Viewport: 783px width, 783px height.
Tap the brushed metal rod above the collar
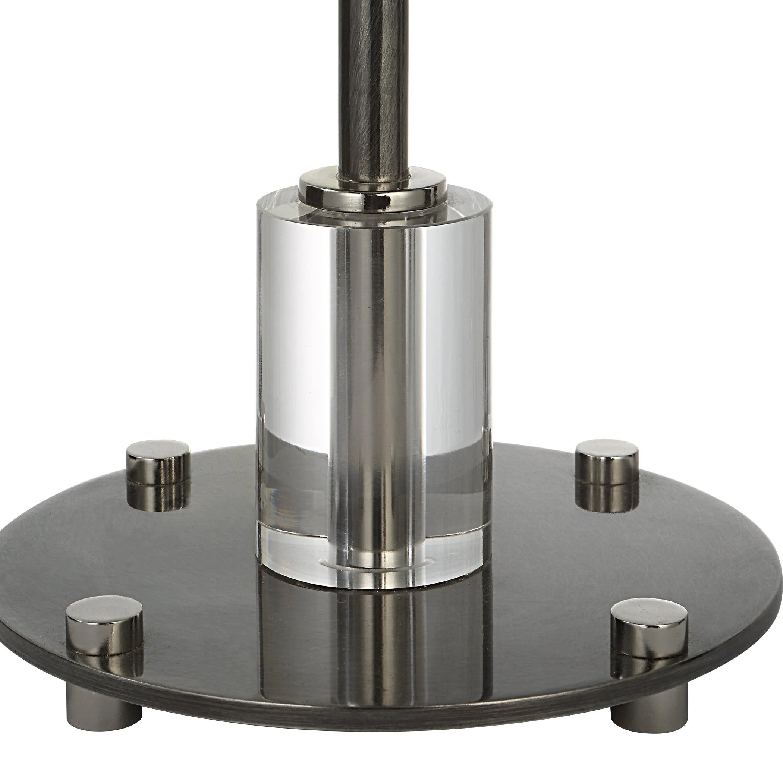click(373, 81)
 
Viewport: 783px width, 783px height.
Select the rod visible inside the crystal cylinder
click(373, 365)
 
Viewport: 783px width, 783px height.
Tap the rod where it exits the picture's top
click(373, 3)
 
